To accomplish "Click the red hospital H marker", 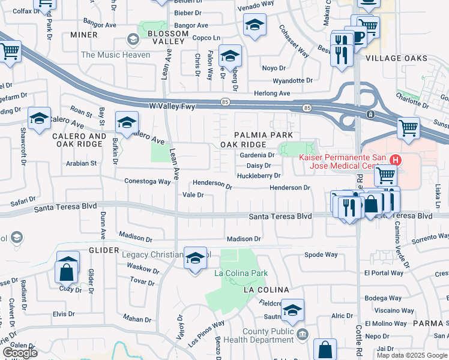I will coord(396,160).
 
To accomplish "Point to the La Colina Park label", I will coord(241,274).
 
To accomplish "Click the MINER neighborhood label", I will coord(83,35).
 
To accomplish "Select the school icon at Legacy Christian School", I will coord(194,257).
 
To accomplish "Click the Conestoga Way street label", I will coord(148,181).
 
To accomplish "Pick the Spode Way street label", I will coord(321,254).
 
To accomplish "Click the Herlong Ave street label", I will coord(272,94).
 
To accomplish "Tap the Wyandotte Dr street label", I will coord(293,80).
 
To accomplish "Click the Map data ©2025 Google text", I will coord(411,355).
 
